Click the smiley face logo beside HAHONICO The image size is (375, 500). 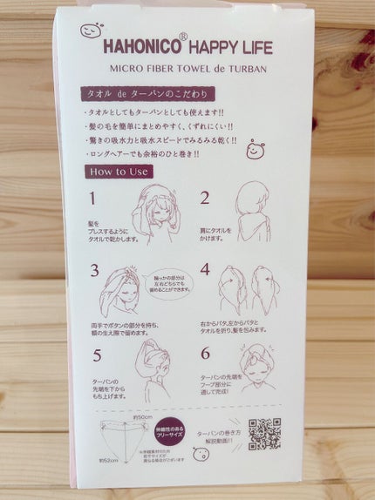tap(91, 30)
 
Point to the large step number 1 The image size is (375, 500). tap(92, 198)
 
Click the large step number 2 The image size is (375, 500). tap(204, 198)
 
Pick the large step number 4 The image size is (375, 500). tap(205, 269)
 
